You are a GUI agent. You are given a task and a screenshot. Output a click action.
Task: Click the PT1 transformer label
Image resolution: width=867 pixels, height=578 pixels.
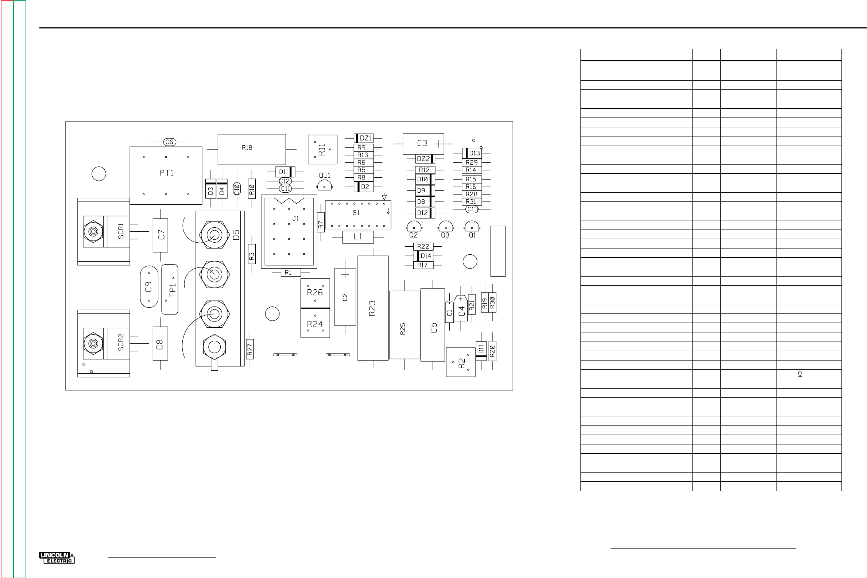point(166,173)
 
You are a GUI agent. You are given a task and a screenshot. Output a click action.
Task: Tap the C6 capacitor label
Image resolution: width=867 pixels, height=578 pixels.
point(169,142)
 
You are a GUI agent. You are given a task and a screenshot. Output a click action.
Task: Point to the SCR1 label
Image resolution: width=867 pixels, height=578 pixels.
point(121,231)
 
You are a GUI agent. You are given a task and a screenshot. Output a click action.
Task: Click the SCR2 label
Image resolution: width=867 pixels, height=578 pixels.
point(121,342)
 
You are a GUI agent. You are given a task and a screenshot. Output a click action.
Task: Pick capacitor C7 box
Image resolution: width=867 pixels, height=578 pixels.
point(160,235)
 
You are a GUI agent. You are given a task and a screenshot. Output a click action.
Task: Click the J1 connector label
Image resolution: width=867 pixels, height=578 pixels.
point(295,219)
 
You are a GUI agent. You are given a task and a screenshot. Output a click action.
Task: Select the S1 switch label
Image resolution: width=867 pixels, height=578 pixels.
point(356,213)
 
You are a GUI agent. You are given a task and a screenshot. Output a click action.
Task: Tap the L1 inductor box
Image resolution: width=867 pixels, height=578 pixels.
point(358,237)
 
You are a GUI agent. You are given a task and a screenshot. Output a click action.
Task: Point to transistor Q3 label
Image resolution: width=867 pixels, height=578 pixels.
point(445,235)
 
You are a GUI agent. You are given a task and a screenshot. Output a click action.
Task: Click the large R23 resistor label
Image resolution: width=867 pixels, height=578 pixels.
point(372,308)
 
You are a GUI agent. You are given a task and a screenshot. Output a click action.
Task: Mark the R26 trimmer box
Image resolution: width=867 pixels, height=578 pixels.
point(315,293)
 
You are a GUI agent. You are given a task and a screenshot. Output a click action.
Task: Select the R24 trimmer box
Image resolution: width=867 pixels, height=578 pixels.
point(315,324)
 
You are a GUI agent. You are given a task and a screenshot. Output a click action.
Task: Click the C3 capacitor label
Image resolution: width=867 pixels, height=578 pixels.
point(422,143)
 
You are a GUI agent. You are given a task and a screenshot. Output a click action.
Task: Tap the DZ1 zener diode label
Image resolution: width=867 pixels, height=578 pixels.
point(365,138)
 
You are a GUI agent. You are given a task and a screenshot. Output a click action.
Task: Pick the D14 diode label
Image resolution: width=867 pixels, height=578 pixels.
point(426,256)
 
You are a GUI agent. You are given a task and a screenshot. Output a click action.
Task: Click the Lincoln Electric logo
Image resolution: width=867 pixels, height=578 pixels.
point(57,558)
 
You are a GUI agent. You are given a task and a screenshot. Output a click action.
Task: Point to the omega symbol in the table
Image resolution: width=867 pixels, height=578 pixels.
point(800,374)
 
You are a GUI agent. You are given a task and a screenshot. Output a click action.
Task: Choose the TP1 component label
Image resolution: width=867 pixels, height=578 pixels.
point(172,290)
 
